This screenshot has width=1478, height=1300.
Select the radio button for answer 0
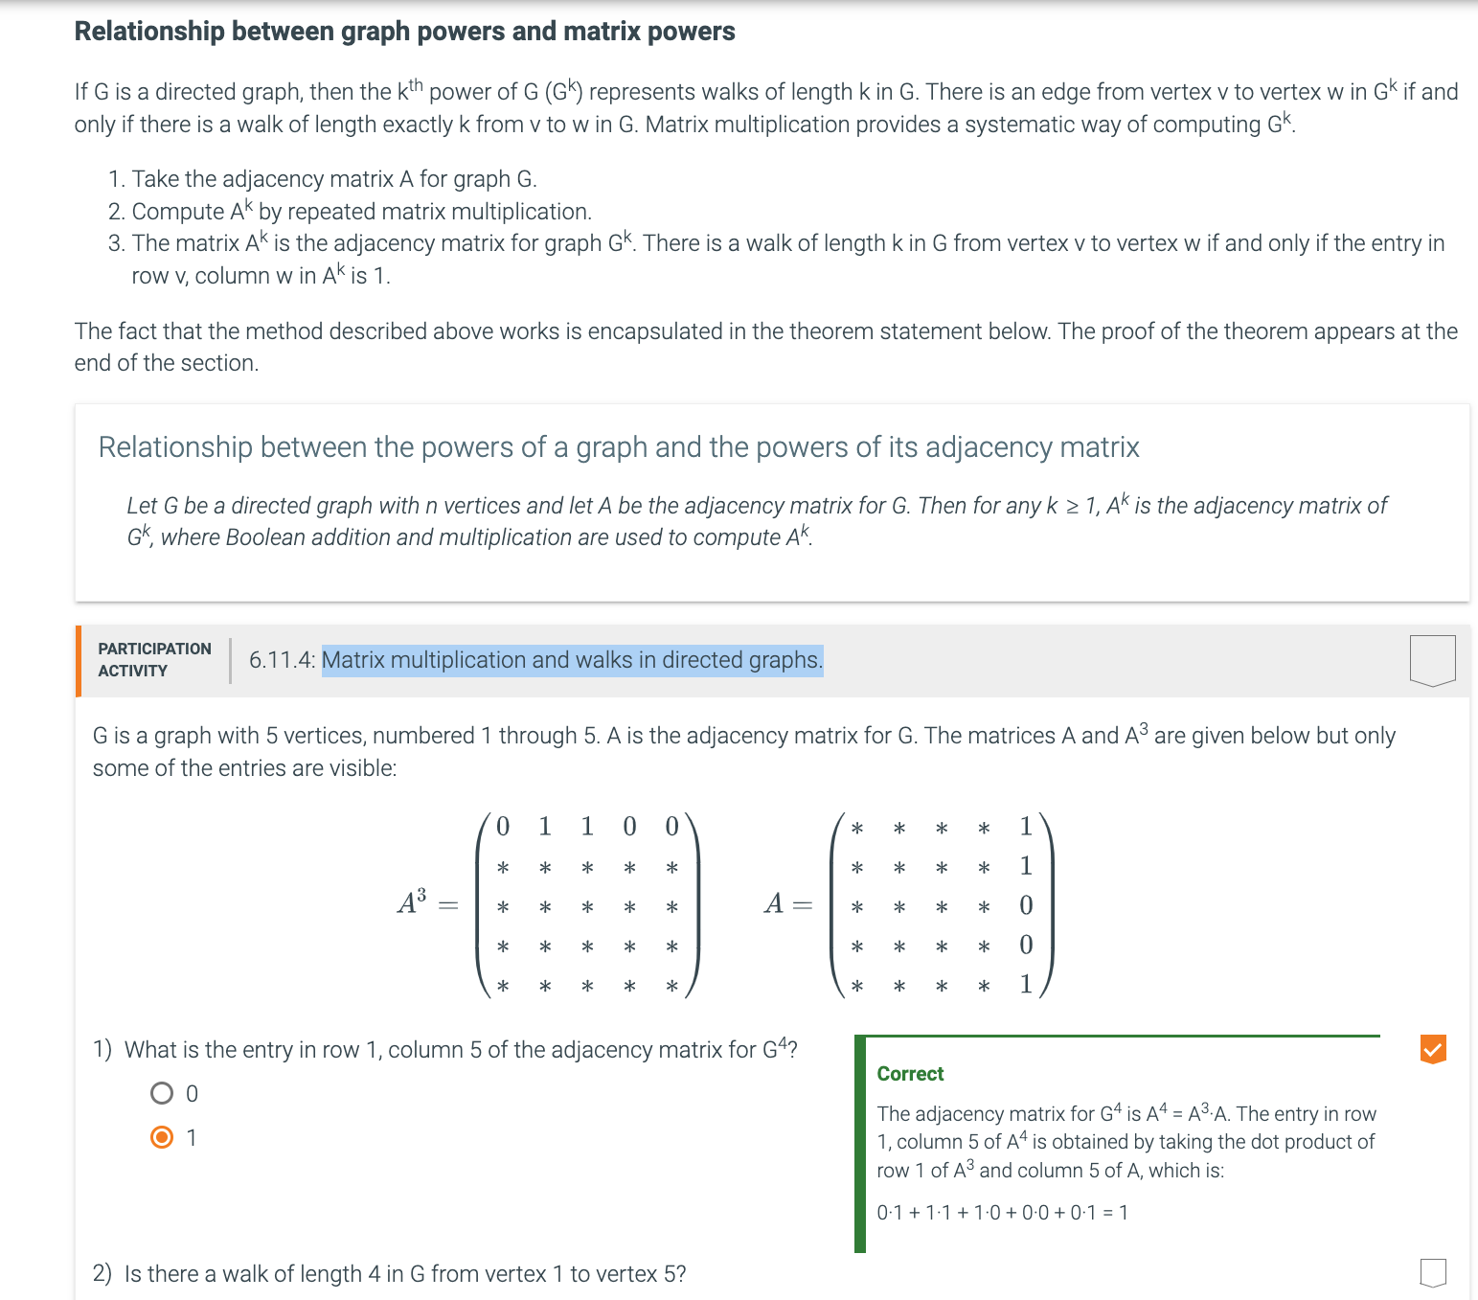coord(163,1093)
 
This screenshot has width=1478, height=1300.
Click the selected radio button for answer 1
coord(163,1137)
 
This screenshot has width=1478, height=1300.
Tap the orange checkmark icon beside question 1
coord(1432,1049)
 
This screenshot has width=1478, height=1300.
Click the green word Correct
coord(910,1074)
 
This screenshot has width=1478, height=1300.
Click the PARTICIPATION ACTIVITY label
coord(154,660)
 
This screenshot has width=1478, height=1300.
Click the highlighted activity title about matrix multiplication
coord(572,660)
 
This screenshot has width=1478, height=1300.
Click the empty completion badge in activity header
coord(1432,660)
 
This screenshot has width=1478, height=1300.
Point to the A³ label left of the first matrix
coord(412,902)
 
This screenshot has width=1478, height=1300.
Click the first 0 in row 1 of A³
coord(503,826)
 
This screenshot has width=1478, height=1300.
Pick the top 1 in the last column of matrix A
coord(1026,826)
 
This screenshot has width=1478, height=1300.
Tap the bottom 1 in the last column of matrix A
coord(1026,984)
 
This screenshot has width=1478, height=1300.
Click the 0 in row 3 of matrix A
coord(1026,905)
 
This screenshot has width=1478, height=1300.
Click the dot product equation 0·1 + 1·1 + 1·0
coord(1002,1213)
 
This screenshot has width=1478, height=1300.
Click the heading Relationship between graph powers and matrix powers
coord(404,32)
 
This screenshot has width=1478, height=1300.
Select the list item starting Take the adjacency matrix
coord(333,179)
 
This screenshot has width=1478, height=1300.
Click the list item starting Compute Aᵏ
coord(361,212)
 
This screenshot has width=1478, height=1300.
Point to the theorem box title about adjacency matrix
coord(618,447)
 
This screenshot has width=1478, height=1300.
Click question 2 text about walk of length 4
coord(404,1274)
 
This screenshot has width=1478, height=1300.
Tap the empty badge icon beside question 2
coord(1432,1272)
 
